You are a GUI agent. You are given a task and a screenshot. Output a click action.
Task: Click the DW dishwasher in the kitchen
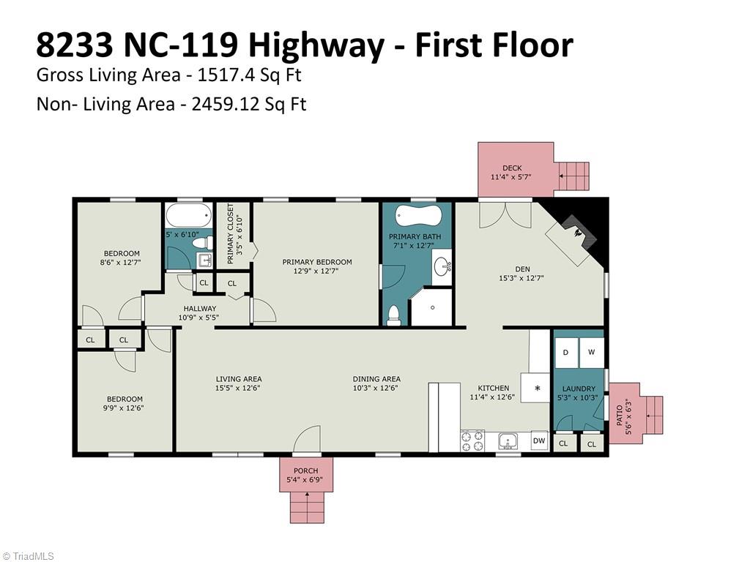(x=539, y=441)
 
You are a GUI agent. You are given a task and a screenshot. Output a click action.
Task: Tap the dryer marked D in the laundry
(x=566, y=353)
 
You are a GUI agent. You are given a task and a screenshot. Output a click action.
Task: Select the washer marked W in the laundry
(x=592, y=353)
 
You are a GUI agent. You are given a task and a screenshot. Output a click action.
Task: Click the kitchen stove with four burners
(x=472, y=441)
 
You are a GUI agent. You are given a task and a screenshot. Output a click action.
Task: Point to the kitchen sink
(x=507, y=441)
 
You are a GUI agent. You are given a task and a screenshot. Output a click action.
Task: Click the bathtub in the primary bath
(x=417, y=216)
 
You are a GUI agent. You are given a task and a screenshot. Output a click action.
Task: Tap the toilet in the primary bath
(x=393, y=316)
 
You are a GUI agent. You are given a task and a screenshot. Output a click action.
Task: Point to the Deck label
(x=512, y=168)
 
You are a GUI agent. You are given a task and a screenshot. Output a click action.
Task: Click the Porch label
(x=305, y=471)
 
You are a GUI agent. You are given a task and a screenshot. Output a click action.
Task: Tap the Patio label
(x=620, y=416)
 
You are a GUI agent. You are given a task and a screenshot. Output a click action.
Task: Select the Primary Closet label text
(x=230, y=233)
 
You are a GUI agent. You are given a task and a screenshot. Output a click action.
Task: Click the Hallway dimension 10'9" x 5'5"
(x=200, y=318)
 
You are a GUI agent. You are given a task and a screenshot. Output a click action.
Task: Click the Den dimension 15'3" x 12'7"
(x=521, y=277)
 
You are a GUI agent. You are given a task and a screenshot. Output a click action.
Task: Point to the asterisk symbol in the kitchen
(x=537, y=388)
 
